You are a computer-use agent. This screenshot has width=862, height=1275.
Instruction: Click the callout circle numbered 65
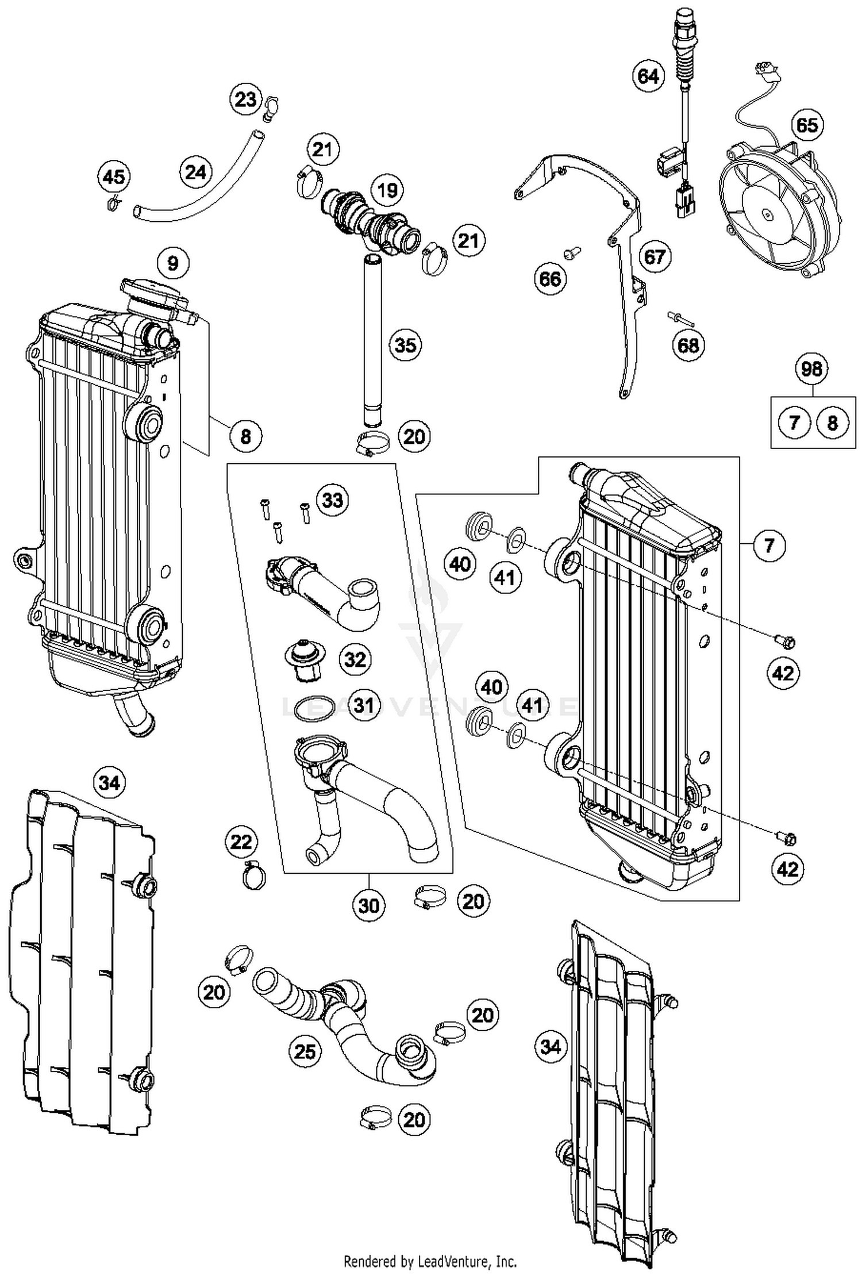[x=806, y=125]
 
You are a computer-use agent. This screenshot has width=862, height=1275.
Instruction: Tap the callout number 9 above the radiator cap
[x=172, y=263]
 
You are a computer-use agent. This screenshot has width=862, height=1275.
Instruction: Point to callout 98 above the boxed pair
[x=811, y=368]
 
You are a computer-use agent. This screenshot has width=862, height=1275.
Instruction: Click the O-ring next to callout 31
[x=315, y=708]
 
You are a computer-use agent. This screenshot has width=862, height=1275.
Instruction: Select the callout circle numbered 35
[x=405, y=345]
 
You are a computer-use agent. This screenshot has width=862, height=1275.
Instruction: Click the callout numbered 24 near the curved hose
[x=195, y=172]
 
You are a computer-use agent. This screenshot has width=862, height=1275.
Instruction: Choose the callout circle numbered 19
[x=387, y=190]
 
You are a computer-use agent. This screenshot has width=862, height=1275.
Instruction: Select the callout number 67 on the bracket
[x=654, y=256]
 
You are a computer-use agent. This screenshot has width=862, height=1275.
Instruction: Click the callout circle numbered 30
[x=368, y=905]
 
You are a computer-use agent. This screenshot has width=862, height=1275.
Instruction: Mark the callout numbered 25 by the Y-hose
[x=305, y=1051]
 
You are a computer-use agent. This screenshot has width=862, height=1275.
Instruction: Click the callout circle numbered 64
[x=648, y=75]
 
